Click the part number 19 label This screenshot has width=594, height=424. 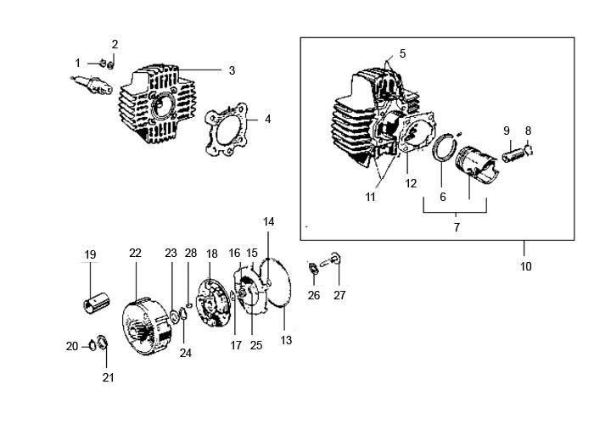pyautogui.click(x=90, y=255)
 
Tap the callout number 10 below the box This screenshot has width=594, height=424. pyautogui.click(x=525, y=266)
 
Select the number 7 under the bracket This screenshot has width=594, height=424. pyautogui.click(x=456, y=227)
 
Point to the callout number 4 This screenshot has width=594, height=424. pyautogui.click(x=267, y=120)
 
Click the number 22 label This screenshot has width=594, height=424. pyautogui.click(x=135, y=254)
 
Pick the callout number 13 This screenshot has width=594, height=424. pyautogui.click(x=286, y=340)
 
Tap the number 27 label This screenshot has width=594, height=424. pyautogui.click(x=339, y=296)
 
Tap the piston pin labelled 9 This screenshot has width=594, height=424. pyautogui.click(x=514, y=154)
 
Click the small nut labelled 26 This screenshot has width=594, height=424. pyautogui.click(x=312, y=269)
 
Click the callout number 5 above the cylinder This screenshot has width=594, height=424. pyautogui.click(x=402, y=53)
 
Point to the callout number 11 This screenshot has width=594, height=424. pyautogui.click(x=371, y=197)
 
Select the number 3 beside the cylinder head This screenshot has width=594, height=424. pyautogui.click(x=232, y=70)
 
